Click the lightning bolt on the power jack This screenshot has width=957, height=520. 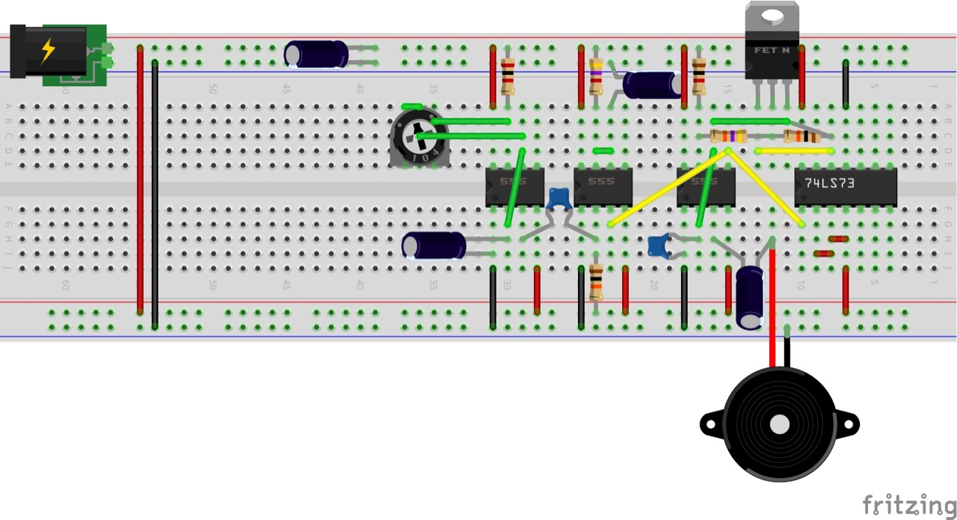tap(48, 50)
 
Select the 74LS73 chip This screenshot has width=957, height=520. tap(845, 186)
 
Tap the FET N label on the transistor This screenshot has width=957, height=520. tap(772, 51)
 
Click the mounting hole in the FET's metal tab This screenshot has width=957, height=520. tap(772, 16)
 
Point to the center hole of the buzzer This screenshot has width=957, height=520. tap(779, 424)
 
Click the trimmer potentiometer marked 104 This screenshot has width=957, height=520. tap(419, 138)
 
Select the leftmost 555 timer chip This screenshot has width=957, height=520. tap(514, 186)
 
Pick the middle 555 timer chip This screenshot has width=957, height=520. tap(603, 186)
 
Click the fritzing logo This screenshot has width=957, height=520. tap(908, 505)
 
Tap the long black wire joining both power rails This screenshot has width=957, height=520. tap(155, 195)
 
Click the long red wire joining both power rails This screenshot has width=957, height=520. tap(140, 180)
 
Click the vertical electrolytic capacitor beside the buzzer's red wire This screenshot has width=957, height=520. tap(749, 297)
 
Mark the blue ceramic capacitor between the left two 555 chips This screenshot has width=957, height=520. tap(558, 199)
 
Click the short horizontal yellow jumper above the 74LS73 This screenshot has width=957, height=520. tap(794, 150)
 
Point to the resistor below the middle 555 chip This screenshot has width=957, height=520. tap(596, 282)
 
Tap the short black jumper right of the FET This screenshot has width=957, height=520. tap(846, 85)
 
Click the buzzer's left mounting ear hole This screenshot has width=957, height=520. tap(707, 424)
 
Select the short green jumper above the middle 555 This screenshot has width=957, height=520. tap(603, 150)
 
